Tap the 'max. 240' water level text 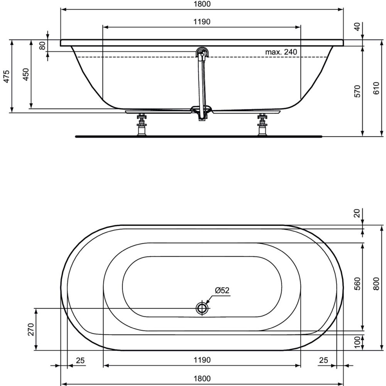tap(281, 52)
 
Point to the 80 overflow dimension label tap(42, 46)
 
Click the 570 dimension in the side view tap(357, 91)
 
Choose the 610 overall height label tap(376, 88)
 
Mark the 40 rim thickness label tap(357, 26)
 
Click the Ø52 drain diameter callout tap(222, 290)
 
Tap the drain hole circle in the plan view tap(202, 308)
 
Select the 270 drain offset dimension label tap(31, 329)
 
